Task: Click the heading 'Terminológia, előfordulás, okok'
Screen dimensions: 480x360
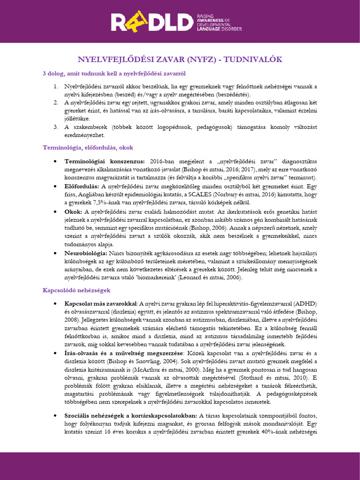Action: (88, 147)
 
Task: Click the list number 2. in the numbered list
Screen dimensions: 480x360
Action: (54, 103)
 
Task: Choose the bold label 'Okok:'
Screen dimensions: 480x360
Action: (73, 211)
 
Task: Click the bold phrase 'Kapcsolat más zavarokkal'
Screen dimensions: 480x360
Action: (101, 303)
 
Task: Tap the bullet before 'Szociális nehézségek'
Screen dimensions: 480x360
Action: (56, 416)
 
